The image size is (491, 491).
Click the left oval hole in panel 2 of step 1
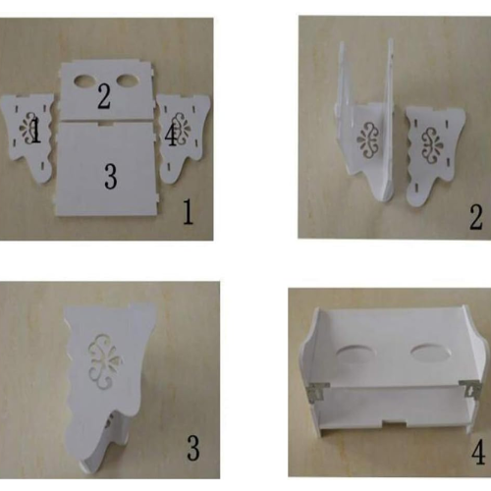[85, 81]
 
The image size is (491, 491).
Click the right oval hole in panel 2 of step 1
[128, 81]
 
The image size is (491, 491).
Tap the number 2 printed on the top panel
[104, 97]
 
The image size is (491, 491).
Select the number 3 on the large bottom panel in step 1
[111, 177]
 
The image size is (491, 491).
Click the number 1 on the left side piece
[36, 131]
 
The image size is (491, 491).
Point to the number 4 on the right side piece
[171, 135]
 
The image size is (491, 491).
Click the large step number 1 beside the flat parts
[188, 212]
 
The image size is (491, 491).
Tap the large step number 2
[475, 217]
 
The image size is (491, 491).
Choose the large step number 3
[193, 449]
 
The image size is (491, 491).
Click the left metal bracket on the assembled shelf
[317, 391]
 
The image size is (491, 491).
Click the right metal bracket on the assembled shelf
[470, 390]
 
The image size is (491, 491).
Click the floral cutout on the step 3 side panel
[104, 361]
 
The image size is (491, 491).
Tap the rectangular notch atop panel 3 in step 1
[107, 124]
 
